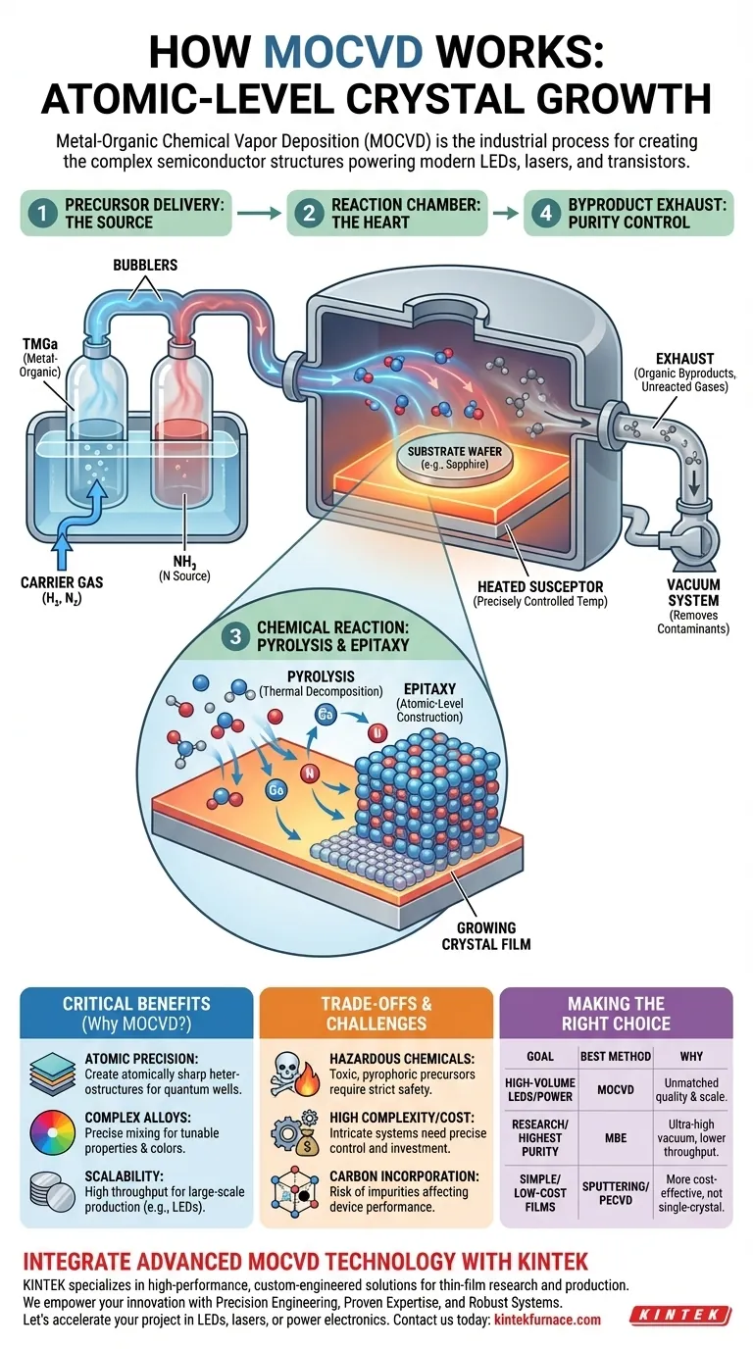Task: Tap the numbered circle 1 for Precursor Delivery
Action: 42,213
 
